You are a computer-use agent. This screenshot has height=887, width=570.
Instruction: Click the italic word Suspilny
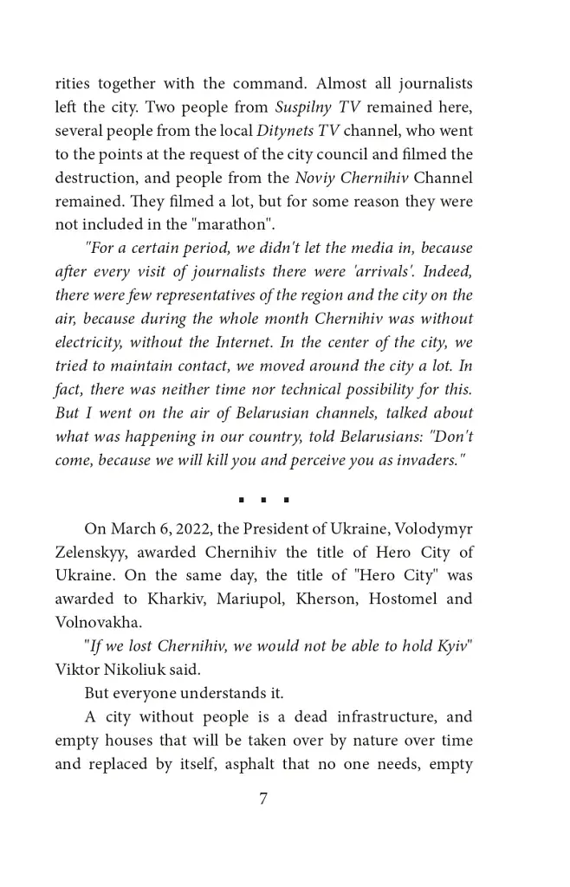coord(305,108)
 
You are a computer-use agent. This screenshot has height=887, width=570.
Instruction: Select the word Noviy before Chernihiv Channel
coord(314,178)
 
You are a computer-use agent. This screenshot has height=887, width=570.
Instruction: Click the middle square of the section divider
coord(262,500)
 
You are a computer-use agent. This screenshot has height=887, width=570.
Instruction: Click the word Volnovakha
coord(94,622)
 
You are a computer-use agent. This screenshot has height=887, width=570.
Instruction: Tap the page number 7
coord(262,800)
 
